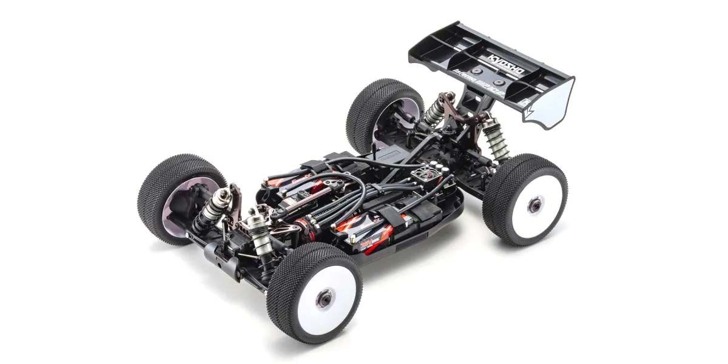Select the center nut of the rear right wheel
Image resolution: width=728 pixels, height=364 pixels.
[x=534, y=206]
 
